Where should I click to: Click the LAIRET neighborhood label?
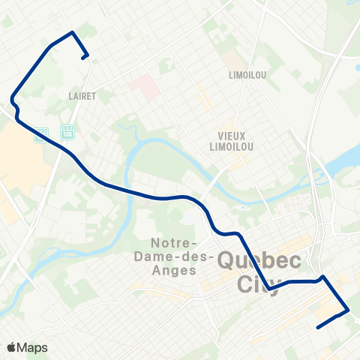click(80, 96)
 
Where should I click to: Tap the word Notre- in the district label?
click(174, 244)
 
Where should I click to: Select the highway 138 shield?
click(67, 132)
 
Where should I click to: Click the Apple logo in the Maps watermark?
click(12, 347)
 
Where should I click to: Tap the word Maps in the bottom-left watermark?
click(34, 347)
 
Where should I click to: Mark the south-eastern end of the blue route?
click(319, 327)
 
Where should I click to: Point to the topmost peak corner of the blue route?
click(72, 32)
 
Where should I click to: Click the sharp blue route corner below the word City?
click(269, 288)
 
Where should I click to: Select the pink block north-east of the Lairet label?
click(142, 87)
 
